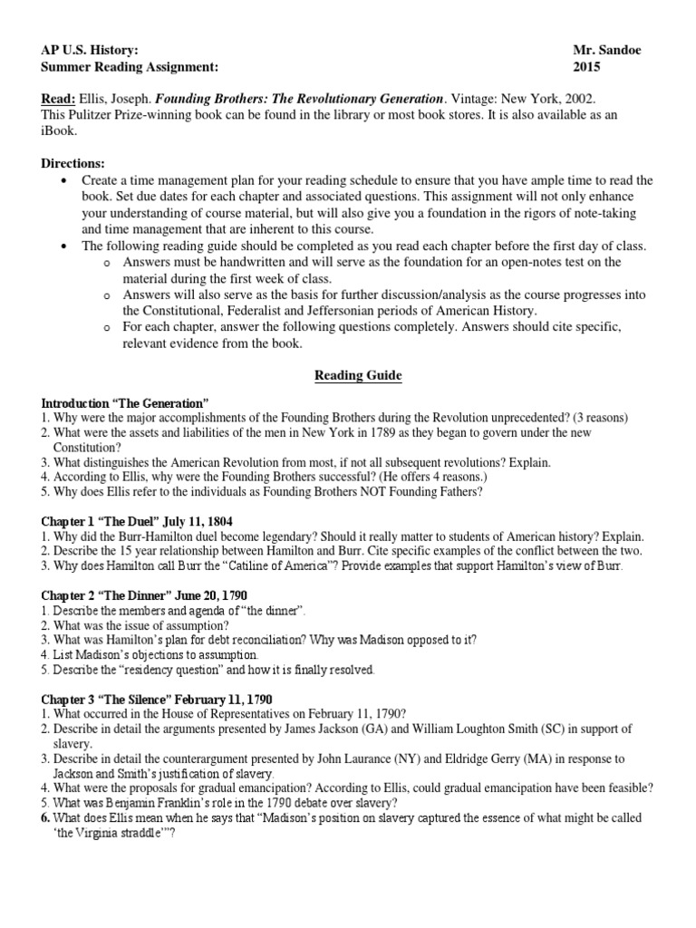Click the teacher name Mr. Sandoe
click(606, 50)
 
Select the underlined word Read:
click(59, 98)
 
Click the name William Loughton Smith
click(478, 729)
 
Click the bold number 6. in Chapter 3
click(47, 817)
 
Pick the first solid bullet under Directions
click(63, 180)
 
